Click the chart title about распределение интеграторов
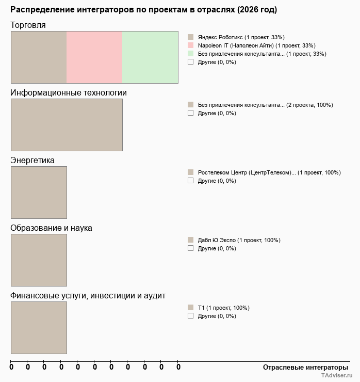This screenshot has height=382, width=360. click(x=143, y=10)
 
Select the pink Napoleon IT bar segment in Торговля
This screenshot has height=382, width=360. click(x=94, y=57)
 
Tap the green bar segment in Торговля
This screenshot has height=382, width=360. click(x=150, y=57)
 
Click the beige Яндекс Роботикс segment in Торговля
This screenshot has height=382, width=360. click(x=39, y=57)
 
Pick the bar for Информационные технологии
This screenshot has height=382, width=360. click(x=67, y=124)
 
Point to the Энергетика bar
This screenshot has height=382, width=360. click(x=39, y=192)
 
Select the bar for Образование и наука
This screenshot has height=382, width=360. click(x=39, y=260)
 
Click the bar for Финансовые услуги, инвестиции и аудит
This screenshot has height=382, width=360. click(x=39, y=327)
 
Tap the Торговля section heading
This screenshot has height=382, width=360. click(x=28, y=25)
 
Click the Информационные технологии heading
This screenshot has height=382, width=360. click(x=69, y=93)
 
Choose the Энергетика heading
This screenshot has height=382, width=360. click(x=32, y=161)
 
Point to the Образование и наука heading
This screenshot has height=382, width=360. click(x=51, y=228)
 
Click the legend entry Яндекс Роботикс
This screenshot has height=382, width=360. click(x=241, y=37)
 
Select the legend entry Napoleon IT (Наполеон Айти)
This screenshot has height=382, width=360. click(x=256, y=45)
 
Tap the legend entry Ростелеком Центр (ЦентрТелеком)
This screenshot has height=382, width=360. click(x=269, y=172)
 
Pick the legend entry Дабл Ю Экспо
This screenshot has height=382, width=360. click(x=239, y=240)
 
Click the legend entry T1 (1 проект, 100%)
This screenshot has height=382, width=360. click(x=223, y=308)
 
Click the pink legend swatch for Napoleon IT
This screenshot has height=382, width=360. click(x=190, y=45)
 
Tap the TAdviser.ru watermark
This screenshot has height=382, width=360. click(x=336, y=376)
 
